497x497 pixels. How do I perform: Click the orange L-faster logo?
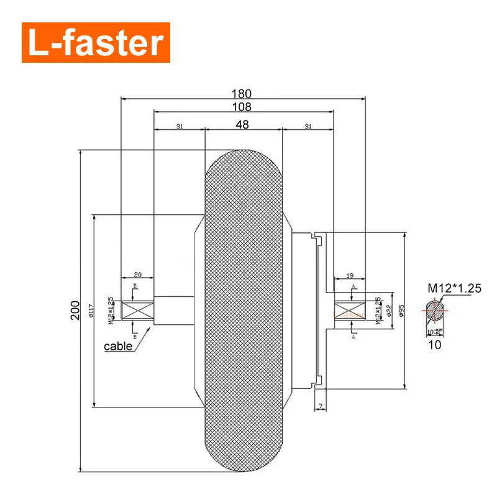pyautogui.click(x=96, y=43)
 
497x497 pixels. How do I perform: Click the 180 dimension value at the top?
pyautogui.click(x=242, y=94)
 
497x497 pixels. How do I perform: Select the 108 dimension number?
pyautogui.click(x=242, y=107)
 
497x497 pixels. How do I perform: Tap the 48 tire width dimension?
pyautogui.click(x=242, y=125)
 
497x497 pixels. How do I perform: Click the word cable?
pyautogui.click(x=118, y=346)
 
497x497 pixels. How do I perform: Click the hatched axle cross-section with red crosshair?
pyautogui.click(x=435, y=308)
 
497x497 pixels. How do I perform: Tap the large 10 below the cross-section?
pyautogui.click(x=435, y=345)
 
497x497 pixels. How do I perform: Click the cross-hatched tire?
pyautogui.click(x=244, y=311)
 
